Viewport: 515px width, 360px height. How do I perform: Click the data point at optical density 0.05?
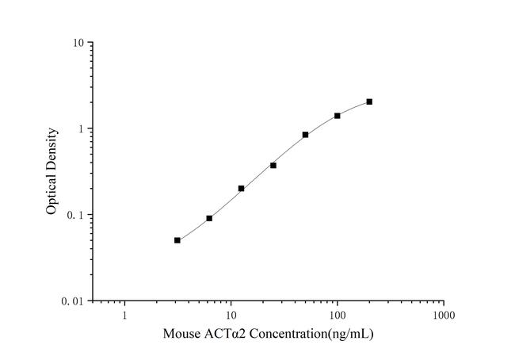[177, 240]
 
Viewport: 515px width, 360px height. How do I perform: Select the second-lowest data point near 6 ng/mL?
[209, 218]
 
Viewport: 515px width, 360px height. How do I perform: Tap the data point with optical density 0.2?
[242, 189]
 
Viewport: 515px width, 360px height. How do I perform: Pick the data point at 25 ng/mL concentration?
[273, 165]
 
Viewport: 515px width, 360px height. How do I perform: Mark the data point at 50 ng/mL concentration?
[305, 135]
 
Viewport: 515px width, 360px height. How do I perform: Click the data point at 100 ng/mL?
[338, 116]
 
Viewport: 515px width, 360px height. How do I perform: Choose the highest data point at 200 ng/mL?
[369, 101]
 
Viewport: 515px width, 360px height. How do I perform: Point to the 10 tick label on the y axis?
[79, 43]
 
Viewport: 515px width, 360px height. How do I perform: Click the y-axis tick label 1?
[82, 129]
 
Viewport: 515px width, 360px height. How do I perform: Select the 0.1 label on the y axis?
[78, 216]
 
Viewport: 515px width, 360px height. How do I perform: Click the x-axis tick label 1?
[124, 316]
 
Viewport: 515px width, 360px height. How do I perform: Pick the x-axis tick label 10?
[231, 316]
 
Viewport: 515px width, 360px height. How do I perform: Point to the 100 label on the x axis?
[338, 316]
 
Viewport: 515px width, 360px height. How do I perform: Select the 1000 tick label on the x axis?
[444, 316]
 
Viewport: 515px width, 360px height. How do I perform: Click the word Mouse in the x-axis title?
[181, 334]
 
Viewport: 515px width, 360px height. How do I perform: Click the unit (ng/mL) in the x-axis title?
[346, 334]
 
